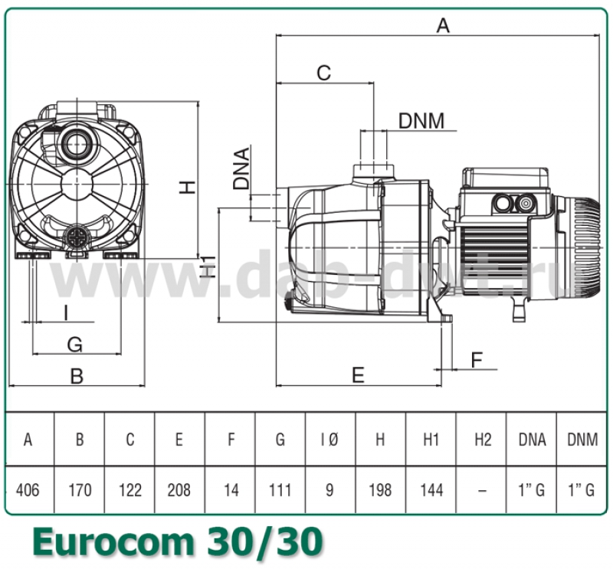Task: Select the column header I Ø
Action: [x=329, y=440]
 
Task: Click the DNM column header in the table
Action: [x=582, y=440]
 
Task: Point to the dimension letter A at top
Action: [x=443, y=25]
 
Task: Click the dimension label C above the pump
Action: [x=324, y=73]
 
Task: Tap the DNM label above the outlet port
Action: [x=421, y=121]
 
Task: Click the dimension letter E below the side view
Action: [x=358, y=374]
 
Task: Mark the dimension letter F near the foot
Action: [x=477, y=359]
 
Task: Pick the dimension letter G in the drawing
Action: [x=74, y=345]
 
